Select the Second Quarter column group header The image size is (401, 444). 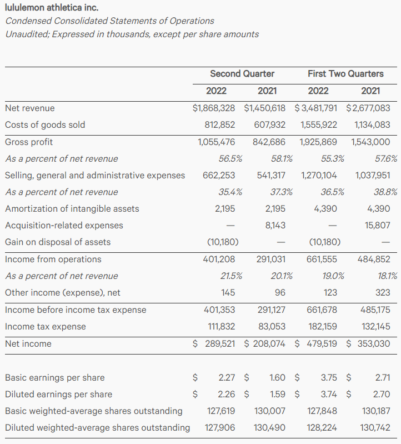coord(242,73)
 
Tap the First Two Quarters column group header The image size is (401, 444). coord(345,73)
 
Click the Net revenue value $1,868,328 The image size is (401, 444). coord(213,108)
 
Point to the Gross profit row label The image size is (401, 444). coord(29,142)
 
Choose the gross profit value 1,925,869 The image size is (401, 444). coord(318,142)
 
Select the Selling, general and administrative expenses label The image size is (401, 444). coord(95,175)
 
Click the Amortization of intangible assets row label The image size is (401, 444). coord(72,209)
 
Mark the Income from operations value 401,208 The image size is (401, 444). coord(219,259)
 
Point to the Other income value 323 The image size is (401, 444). coord(383,292)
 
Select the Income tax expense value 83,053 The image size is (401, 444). coord(271,326)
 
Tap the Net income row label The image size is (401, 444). coord(28,343)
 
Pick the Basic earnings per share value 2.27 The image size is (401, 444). coord(227,377)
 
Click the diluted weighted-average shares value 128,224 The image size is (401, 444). coord(322,427)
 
